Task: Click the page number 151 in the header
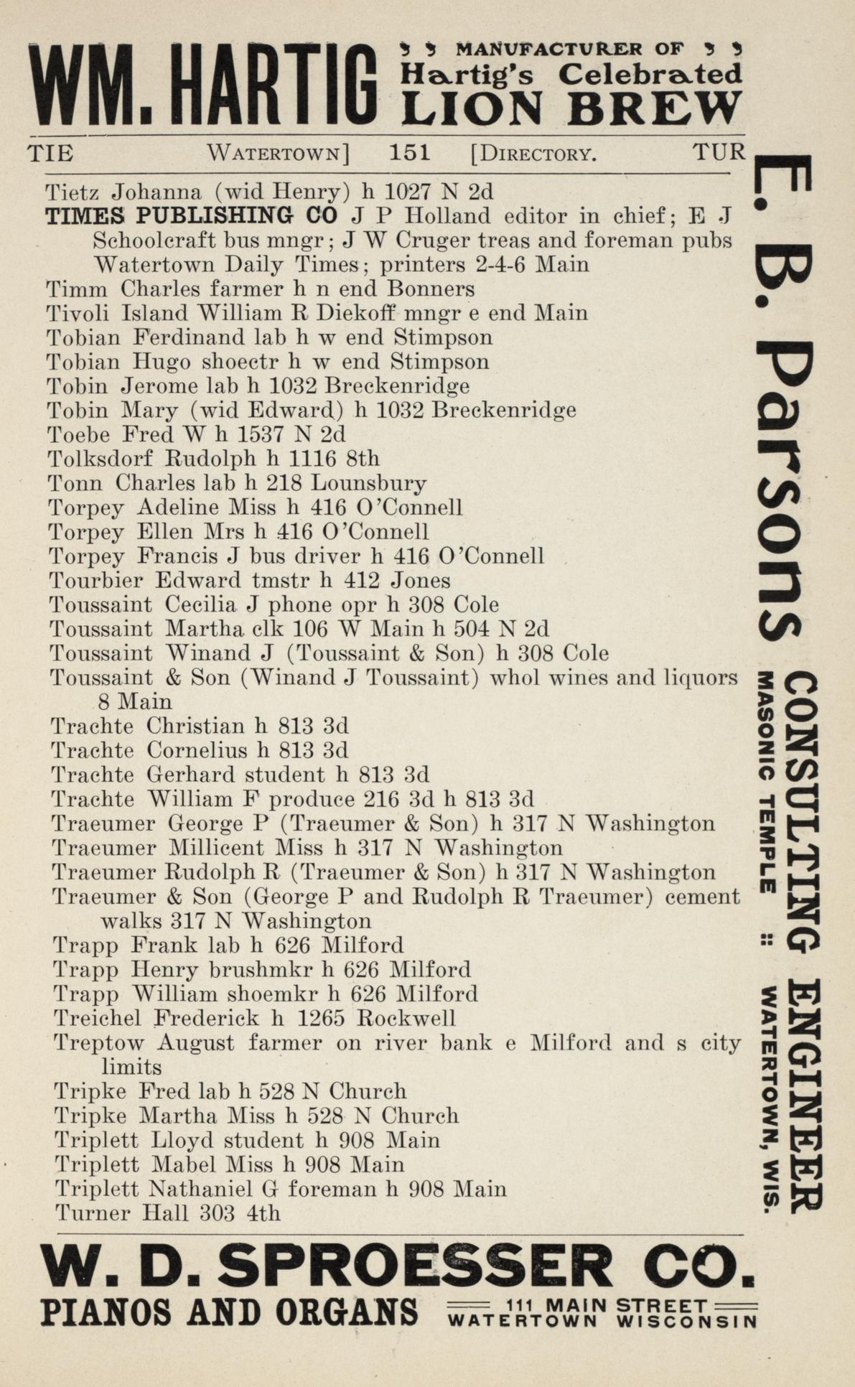409,152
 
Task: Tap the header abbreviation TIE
50,153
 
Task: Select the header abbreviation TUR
719,152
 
